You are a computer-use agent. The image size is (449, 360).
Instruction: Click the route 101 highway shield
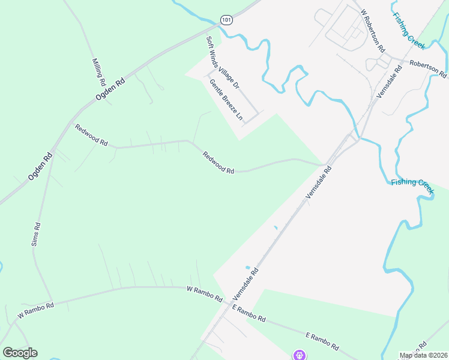point(226,20)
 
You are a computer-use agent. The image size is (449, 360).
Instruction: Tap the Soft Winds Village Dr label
point(223,62)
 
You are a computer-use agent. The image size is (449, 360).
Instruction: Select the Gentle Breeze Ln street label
point(226,100)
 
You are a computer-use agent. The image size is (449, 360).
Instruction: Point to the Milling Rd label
point(99,71)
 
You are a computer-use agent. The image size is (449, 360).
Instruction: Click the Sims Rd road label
point(35,235)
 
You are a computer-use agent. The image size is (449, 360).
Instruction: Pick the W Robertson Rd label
point(373,29)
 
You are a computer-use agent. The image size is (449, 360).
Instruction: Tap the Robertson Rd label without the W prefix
point(428,69)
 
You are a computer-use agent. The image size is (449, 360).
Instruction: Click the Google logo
point(20,353)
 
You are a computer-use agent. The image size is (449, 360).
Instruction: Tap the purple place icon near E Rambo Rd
point(298,355)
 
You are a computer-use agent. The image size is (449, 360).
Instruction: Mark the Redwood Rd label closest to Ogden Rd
point(91,134)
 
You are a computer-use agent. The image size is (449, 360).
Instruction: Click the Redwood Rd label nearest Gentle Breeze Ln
point(218,163)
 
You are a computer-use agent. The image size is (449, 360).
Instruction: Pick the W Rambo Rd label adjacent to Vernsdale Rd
point(204,294)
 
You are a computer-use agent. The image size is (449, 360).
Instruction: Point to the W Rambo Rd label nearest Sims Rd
point(35,310)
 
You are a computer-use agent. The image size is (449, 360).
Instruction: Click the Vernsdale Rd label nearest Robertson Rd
point(388,81)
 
